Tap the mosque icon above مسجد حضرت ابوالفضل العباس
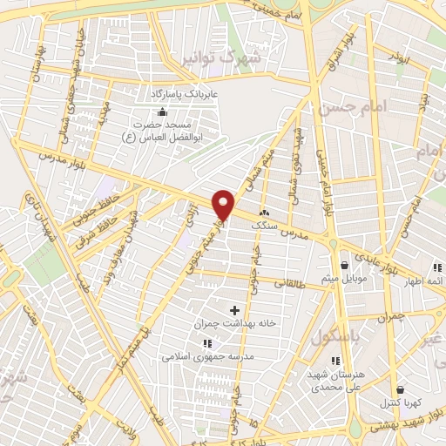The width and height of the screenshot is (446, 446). (x=161, y=112)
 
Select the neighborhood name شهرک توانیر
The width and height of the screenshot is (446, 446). (x=227, y=59)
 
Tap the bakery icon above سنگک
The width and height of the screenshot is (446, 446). (x=263, y=212)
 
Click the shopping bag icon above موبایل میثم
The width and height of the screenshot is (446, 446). (x=346, y=264)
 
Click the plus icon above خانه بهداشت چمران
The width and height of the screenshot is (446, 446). (x=234, y=309)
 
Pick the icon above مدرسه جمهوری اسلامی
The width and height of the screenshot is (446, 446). (x=206, y=343)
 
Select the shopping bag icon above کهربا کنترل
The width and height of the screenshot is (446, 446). (x=400, y=389)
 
